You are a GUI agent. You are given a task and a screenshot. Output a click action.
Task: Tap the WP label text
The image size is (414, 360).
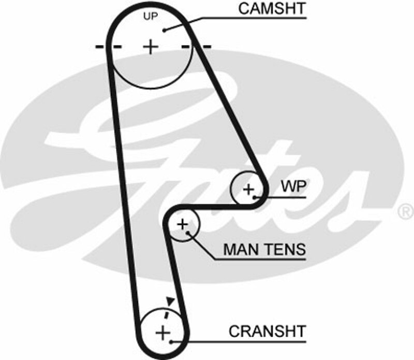click(x=293, y=186)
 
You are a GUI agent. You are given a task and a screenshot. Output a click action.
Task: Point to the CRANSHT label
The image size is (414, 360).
click(x=267, y=330)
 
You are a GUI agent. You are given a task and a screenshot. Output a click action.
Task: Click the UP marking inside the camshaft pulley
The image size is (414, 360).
click(x=150, y=16)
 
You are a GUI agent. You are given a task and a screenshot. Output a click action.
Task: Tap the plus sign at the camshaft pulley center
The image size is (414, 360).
click(x=151, y=47)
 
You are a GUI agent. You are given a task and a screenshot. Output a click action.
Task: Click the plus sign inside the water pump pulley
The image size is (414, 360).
click(x=249, y=189)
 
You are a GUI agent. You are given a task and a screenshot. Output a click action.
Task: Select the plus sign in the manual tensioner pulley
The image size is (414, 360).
click(x=182, y=224)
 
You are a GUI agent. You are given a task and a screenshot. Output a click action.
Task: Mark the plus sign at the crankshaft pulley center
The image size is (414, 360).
click(x=163, y=332)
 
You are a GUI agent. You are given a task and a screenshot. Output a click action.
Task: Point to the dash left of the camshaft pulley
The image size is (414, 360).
click(x=101, y=47)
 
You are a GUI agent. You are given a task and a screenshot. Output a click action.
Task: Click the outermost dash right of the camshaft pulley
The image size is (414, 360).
click(x=206, y=47)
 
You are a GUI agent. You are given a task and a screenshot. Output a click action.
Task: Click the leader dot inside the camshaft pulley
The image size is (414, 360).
click(x=165, y=30)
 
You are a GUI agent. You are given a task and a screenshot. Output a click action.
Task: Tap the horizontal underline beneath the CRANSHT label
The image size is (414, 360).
click(x=248, y=340)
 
